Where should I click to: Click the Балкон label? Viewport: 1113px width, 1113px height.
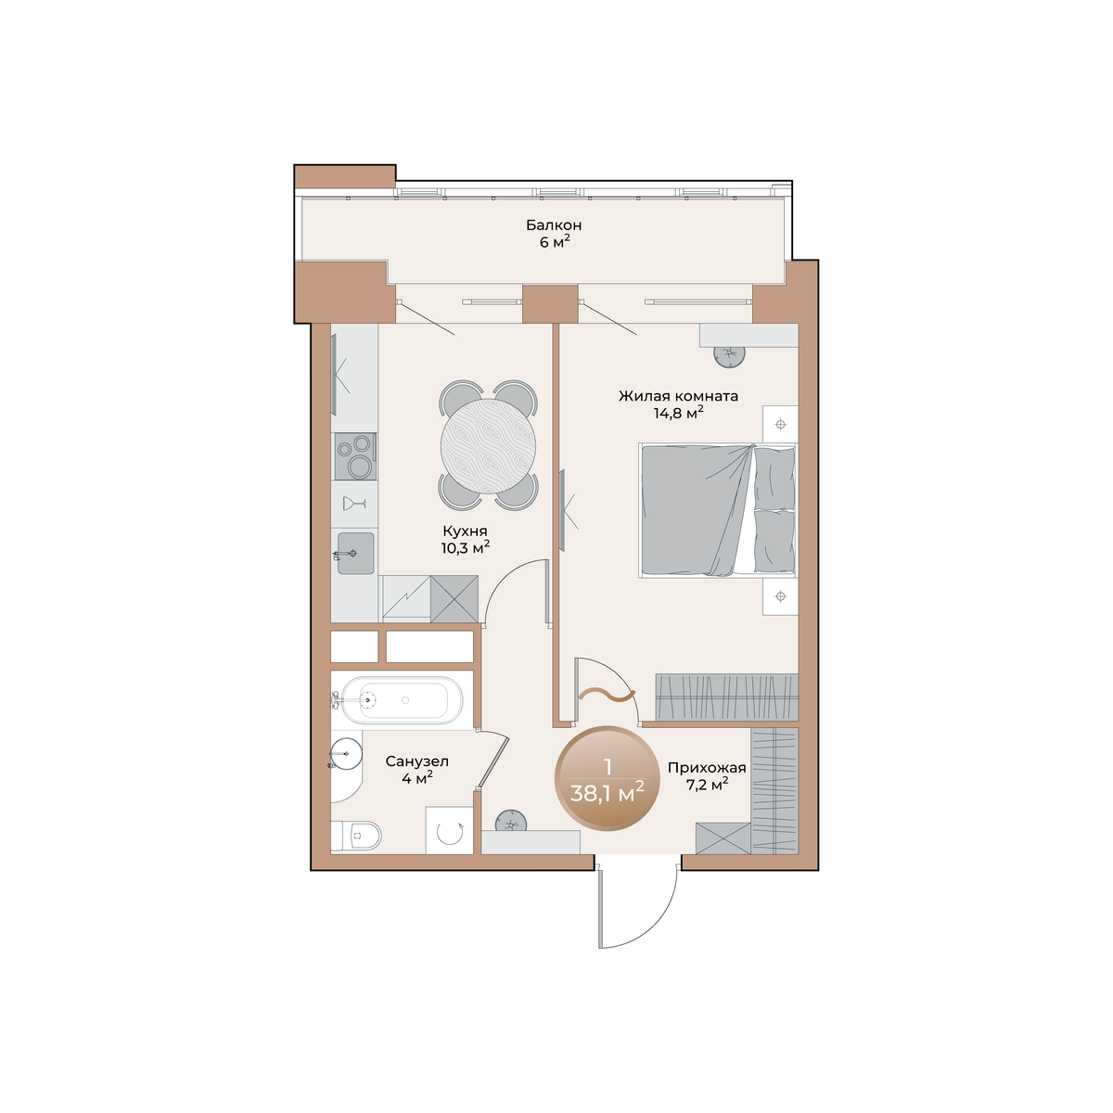tap(554, 224)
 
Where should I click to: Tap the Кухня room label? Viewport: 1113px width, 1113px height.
tap(465, 531)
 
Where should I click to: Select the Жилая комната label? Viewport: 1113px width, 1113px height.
tap(678, 396)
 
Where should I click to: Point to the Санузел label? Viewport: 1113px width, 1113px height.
tap(417, 761)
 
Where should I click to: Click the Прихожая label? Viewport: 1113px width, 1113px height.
tap(707, 768)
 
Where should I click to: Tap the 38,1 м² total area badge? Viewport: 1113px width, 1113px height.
tap(607, 778)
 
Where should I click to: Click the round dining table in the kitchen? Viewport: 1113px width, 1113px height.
tap(488, 446)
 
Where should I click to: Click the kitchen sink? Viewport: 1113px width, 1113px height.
tap(355, 554)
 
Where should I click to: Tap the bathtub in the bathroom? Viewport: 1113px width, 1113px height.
tap(402, 700)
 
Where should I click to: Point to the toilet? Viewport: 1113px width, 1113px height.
tap(357, 835)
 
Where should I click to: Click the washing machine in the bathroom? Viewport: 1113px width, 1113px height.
tap(449, 830)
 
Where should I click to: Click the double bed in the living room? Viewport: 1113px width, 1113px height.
tap(718, 510)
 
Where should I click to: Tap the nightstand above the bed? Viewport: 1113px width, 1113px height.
tap(780, 425)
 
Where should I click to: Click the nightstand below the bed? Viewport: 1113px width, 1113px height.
tap(780, 595)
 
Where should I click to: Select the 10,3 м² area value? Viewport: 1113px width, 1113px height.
tap(466, 547)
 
